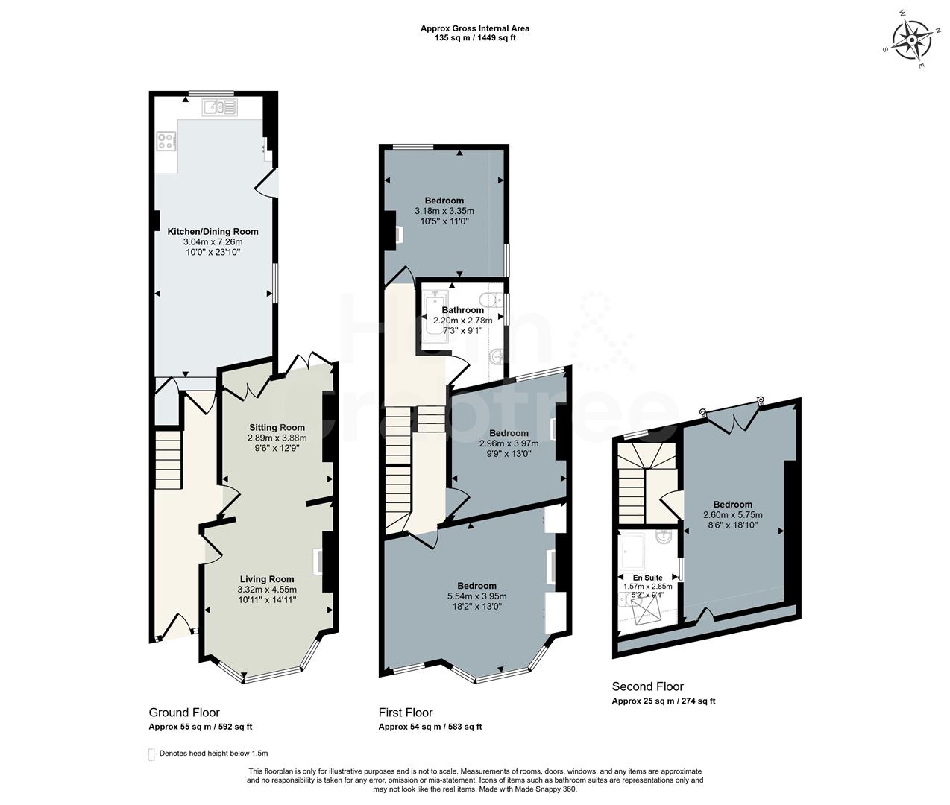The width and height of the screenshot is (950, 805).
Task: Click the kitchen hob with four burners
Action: coord(166,140)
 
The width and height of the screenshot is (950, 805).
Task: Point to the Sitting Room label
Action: coord(277,428)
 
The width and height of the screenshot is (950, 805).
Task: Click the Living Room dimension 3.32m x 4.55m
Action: coord(266,589)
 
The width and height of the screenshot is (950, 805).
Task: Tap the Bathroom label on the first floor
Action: coord(462,310)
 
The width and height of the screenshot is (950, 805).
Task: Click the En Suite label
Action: coord(647,578)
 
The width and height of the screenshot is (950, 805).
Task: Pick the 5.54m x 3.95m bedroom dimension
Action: coord(476,596)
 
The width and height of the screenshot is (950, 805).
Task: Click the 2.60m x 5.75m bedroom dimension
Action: coord(732,515)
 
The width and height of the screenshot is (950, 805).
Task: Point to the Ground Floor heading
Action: coord(184,713)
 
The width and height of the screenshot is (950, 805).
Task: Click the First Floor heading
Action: coord(406,713)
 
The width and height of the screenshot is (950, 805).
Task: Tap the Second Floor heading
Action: coord(647,686)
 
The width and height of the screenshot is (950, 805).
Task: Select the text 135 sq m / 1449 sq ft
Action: coord(475,38)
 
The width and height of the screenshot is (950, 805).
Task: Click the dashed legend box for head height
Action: coord(152,754)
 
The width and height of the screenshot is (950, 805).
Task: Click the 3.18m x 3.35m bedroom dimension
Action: coord(444,211)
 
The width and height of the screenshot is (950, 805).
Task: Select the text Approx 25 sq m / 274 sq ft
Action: coord(664,701)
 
